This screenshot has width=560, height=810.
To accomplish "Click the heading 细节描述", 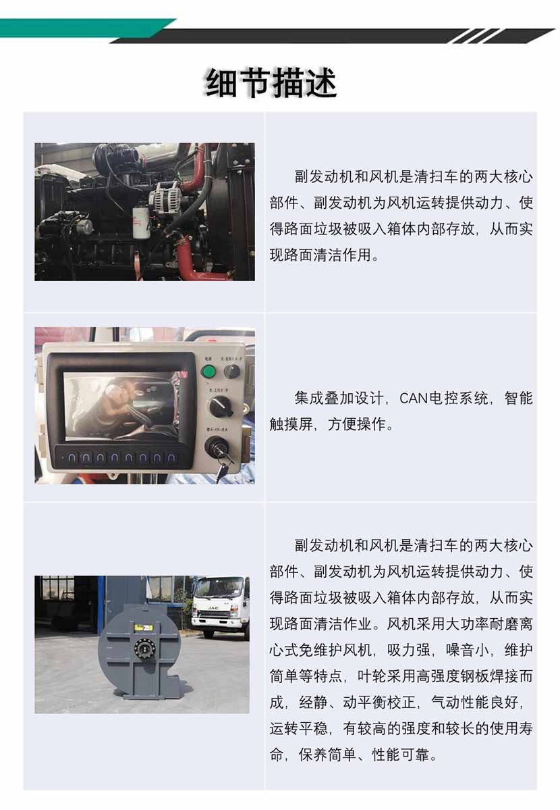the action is [271, 82].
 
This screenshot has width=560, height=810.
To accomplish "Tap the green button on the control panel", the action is [208, 372].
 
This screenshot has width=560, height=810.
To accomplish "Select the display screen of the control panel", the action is [121, 405].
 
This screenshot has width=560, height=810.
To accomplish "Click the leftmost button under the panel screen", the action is [72, 457].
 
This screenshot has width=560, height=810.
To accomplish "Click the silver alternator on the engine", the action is [165, 196].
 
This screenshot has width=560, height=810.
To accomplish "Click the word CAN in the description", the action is [414, 399].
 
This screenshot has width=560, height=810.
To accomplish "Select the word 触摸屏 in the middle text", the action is [291, 424].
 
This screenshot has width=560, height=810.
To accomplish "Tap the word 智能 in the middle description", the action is [518, 398].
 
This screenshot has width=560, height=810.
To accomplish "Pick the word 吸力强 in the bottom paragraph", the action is [409, 650].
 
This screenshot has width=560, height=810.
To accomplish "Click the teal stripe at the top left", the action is [82, 28].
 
